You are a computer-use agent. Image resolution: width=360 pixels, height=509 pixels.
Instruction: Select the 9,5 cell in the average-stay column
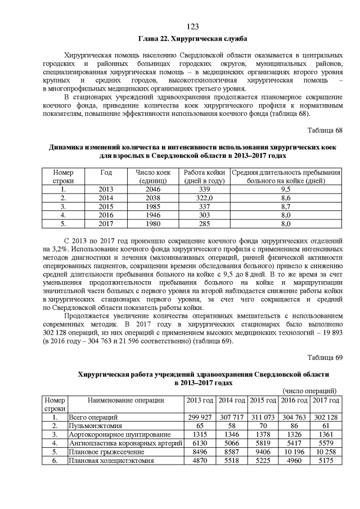(286, 190)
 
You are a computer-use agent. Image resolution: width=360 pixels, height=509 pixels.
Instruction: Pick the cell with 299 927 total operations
(200, 417)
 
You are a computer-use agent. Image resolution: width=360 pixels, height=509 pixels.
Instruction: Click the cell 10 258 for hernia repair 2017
(326, 452)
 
